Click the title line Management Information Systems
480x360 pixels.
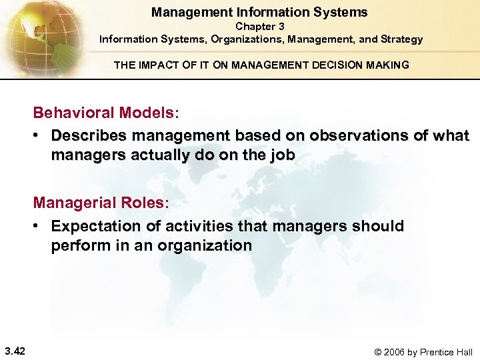[259, 12]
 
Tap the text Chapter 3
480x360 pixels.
[260, 26]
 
